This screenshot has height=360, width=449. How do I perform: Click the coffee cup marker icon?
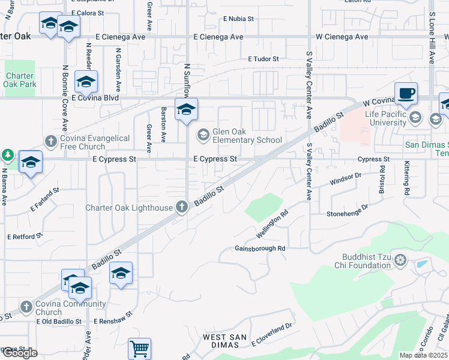[406, 94]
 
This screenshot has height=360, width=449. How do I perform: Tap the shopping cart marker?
[139, 348]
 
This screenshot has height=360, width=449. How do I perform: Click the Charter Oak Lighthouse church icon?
[182, 208]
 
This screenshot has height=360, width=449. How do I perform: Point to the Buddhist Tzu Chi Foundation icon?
[401, 260]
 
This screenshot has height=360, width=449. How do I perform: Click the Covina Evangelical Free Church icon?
[51, 142]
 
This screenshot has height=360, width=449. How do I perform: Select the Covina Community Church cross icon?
[26, 307]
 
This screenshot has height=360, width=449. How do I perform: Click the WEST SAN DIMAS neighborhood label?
[223, 341]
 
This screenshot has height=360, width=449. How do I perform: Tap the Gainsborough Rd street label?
[259, 248]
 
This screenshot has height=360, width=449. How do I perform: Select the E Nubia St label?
[238, 19]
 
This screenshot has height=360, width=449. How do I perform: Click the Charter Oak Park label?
[21, 80]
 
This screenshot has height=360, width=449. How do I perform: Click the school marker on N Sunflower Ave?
[186, 110]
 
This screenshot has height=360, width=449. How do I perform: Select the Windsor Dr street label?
[345, 179]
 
